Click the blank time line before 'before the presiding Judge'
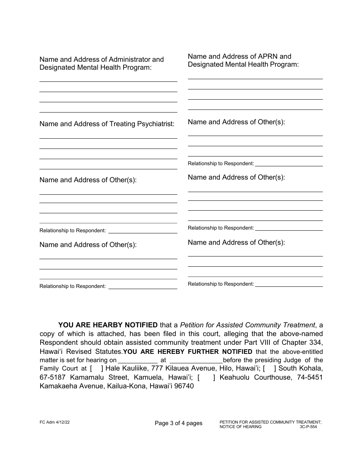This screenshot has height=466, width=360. (x=196, y=360)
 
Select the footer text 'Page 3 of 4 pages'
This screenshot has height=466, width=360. (x=178, y=423)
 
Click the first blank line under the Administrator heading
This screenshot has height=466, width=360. (x=108, y=81)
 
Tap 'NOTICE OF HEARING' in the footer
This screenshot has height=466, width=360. (x=240, y=427)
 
